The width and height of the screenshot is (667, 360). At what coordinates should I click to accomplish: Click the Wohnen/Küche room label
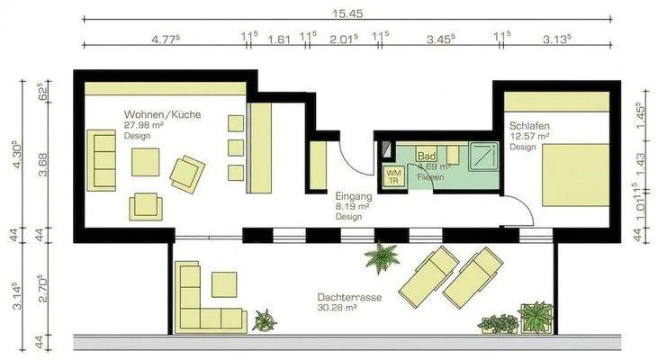coord(162,114)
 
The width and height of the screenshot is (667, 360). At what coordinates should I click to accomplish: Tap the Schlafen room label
coord(529,125)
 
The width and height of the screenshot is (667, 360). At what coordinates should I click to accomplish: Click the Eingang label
coord(352,195)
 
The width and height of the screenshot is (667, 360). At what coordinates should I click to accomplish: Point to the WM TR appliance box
coord(393,175)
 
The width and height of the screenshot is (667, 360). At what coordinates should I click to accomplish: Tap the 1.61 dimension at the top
coord(279,39)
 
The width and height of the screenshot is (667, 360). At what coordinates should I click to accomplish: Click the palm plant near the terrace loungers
coord(382,257)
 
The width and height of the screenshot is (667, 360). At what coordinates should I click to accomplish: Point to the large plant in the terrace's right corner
coord(536,317)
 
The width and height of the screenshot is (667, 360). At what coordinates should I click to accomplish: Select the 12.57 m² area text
coord(529,137)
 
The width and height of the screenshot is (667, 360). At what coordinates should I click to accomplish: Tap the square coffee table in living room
coord(145,162)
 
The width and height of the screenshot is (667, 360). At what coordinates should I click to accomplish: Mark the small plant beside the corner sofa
coord(265,319)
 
